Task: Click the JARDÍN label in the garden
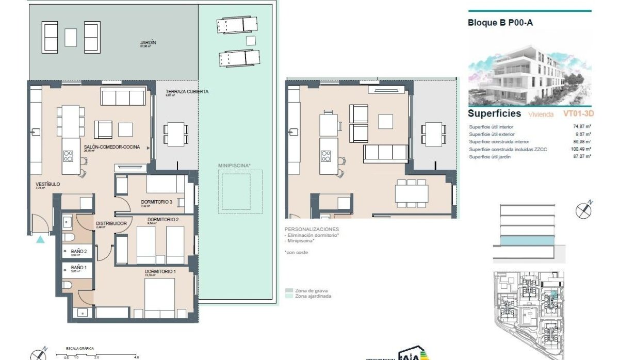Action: click(148, 42)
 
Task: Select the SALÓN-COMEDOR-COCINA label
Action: click(111, 147)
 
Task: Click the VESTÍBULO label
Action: click(47, 184)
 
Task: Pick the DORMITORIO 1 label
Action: click(160, 271)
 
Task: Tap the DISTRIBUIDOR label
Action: click(111, 223)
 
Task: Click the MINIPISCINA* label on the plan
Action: click(234, 166)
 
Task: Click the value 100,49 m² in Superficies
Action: click(581, 149)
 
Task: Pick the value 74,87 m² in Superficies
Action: click(582, 126)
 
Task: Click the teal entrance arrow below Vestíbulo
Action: click(41, 239)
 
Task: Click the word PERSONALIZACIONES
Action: click(312, 228)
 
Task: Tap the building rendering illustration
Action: click(530, 75)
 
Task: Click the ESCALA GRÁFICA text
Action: click(79, 349)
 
